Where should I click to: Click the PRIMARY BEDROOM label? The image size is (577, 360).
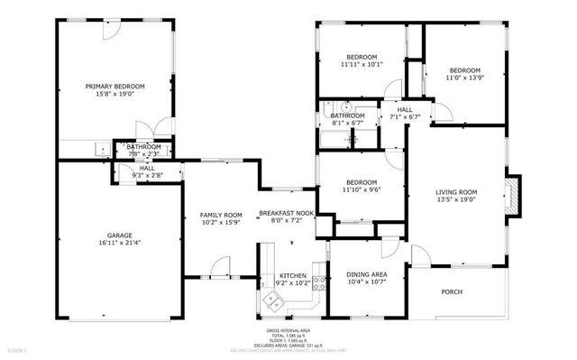(x=115, y=87)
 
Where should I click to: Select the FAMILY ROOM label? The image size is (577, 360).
(x=221, y=215)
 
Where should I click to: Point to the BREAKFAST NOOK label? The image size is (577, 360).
(x=286, y=213)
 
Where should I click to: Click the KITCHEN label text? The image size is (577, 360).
(x=292, y=275)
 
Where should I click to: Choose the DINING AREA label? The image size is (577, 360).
(x=367, y=274)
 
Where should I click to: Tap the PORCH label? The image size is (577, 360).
(x=451, y=291)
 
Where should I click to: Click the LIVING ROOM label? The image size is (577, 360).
(x=456, y=191)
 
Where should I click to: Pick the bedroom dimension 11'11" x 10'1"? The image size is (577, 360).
(x=362, y=64)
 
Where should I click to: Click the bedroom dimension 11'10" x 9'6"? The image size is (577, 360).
(x=360, y=189)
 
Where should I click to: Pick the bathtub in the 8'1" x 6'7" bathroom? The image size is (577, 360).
(x=334, y=140)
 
